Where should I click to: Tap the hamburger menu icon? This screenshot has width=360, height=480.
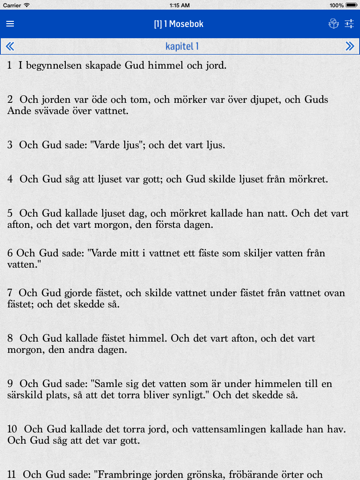coord(10,24)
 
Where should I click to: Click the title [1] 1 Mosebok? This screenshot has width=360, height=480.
coord(180,24)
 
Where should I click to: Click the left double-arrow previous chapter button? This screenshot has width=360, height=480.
coord(10,46)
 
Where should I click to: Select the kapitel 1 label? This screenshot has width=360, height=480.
coord(180,46)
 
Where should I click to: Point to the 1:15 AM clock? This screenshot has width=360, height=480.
coord(180,5)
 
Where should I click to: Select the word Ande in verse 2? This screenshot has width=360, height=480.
coord(21,114)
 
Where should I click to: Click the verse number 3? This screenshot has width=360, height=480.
coord(9,146)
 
